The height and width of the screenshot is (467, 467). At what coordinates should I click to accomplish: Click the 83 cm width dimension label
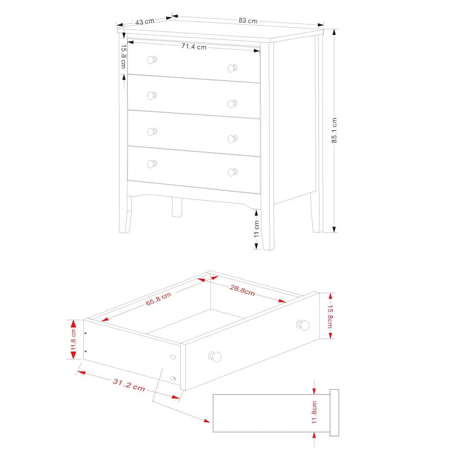[x=248, y=21]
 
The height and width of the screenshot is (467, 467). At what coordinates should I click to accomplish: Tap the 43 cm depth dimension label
[x=144, y=21]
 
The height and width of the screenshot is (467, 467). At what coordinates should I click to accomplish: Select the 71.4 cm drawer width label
[x=194, y=47]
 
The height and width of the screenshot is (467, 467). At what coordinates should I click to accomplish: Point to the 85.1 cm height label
[x=334, y=130]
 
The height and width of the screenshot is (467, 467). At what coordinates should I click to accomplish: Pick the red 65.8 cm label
[x=159, y=298]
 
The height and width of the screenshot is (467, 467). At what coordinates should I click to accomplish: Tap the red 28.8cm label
[x=242, y=290]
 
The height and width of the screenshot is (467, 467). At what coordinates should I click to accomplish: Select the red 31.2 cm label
[x=128, y=385]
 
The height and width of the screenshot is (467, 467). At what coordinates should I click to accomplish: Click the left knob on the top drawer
[x=152, y=60]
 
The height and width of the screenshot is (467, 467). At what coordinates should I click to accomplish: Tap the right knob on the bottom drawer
[x=233, y=172]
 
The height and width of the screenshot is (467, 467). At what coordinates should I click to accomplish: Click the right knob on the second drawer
[x=233, y=103]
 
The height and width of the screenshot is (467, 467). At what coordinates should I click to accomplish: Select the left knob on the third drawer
[x=152, y=131]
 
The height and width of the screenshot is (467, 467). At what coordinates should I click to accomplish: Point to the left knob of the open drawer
[x=215, y=357]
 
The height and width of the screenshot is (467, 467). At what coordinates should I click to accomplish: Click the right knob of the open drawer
[x=304, y=324]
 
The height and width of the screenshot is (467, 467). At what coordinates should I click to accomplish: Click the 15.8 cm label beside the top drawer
[x=124, y=56]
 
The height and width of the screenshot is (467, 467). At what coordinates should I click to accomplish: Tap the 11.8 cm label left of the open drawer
[x=74, y=340]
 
